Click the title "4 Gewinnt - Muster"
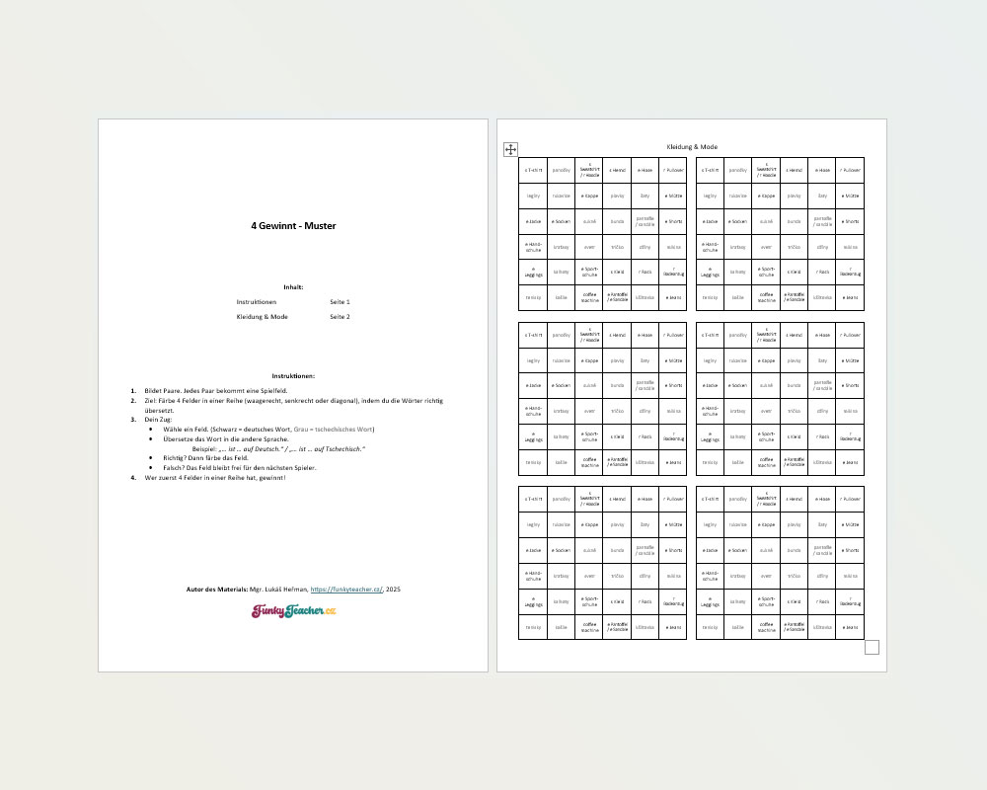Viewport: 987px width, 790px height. pyautogui.click(x=293, y=225)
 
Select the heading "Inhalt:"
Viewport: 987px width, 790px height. pyautogui.click(x=293, y=286)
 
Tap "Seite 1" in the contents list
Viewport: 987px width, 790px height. pyautogui.click(x=340, y=301)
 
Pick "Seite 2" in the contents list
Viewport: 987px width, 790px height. pyautogui.click(x=340, y=317)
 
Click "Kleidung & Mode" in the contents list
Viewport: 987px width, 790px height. pyautogui.click(x=262, y=317)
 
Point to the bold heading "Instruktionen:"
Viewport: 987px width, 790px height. pyautogui.click(x=293, y=375)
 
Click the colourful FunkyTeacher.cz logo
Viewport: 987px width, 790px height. pyautogui.click(x=293, y=611)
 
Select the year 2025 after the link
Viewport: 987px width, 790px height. pyautogui.click(x=393, y=589)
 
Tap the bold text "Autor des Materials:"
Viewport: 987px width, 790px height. pyautogui.click(x=217, y=589)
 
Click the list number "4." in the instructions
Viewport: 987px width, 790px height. pyautogui.click(x=134, y=478)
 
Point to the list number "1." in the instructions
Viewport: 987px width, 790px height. pyautogui.click(x=134, y=391)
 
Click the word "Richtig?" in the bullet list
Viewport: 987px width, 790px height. pyautogui.click(x=177, y=458)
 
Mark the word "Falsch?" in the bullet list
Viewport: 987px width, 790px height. pyautogui.click(x=176, y=468)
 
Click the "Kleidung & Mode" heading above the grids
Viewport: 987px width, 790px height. pyautogui.click(x=692, y=146)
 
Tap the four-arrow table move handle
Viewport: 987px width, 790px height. pyautogui.click(x=510, y=149)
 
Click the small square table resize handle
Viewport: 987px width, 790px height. pyautogui.click(x=872, y=647)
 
